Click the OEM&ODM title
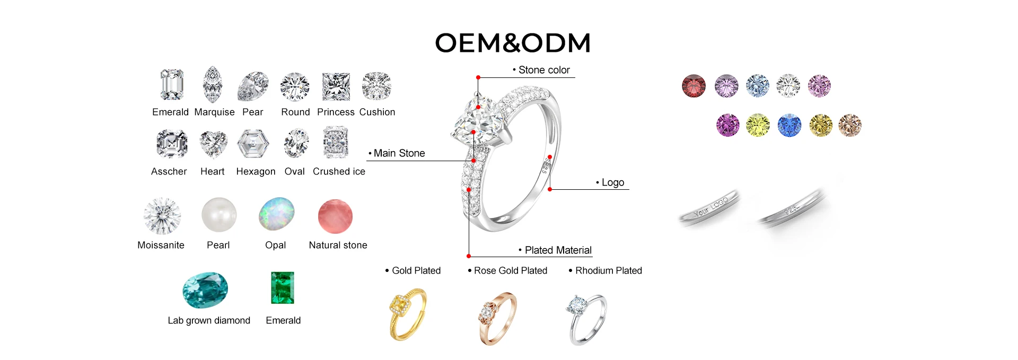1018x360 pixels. click(513, 43)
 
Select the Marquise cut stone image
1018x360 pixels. click(213, 84)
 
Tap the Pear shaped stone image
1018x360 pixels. click(253, 86)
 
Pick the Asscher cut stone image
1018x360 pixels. click(172, 144)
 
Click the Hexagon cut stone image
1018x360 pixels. click(253, 144)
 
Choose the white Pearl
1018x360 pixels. click(219, 215)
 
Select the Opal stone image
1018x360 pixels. click(277, 214)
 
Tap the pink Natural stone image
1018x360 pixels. click(335, 216)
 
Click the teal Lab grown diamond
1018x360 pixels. click(205, 290)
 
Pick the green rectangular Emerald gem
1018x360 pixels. click(283, 288)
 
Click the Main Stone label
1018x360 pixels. click(399, 153)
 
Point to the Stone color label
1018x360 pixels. click(543, 70)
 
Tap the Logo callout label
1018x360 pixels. click(612, 182)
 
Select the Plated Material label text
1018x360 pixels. click(558, 250)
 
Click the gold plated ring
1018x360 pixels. click(407, 314)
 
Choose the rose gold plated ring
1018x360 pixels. click(497, 318)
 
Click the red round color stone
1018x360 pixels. click(694, 86)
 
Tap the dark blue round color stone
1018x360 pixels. click(789, 126)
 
